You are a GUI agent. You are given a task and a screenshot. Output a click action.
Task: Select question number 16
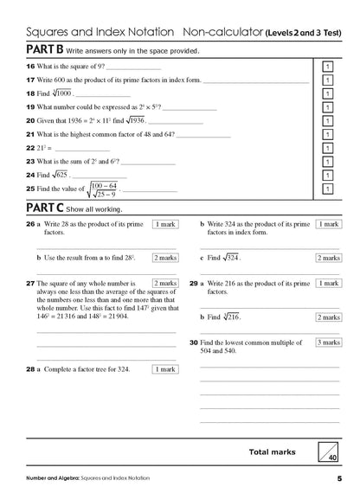tap(30, 67)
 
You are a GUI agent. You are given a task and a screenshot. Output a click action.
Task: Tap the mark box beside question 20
tap(328, 121)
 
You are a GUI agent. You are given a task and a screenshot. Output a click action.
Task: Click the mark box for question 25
tap(328, 188)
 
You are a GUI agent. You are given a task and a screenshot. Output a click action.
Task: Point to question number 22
tap(30, 148)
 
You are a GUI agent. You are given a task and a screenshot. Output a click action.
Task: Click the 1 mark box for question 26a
tap(164, 225)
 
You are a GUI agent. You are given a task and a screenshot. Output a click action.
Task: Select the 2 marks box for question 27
tap(164, 283)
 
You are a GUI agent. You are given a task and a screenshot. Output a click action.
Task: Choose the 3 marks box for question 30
tap(326, 343)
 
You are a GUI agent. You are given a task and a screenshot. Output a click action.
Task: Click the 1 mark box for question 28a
tap(164, 369)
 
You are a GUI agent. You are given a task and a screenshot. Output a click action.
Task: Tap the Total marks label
tap(272, 451)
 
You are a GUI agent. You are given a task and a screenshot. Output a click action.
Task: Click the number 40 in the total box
tap(331, 458)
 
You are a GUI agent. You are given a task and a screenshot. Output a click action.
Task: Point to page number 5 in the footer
tap(339, 478)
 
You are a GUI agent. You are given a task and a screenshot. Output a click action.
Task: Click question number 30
tap(194, 343)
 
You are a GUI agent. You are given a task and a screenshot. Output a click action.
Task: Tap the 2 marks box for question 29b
tap(326, 317)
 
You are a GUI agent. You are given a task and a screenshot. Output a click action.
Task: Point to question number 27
tap(30, 283)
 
